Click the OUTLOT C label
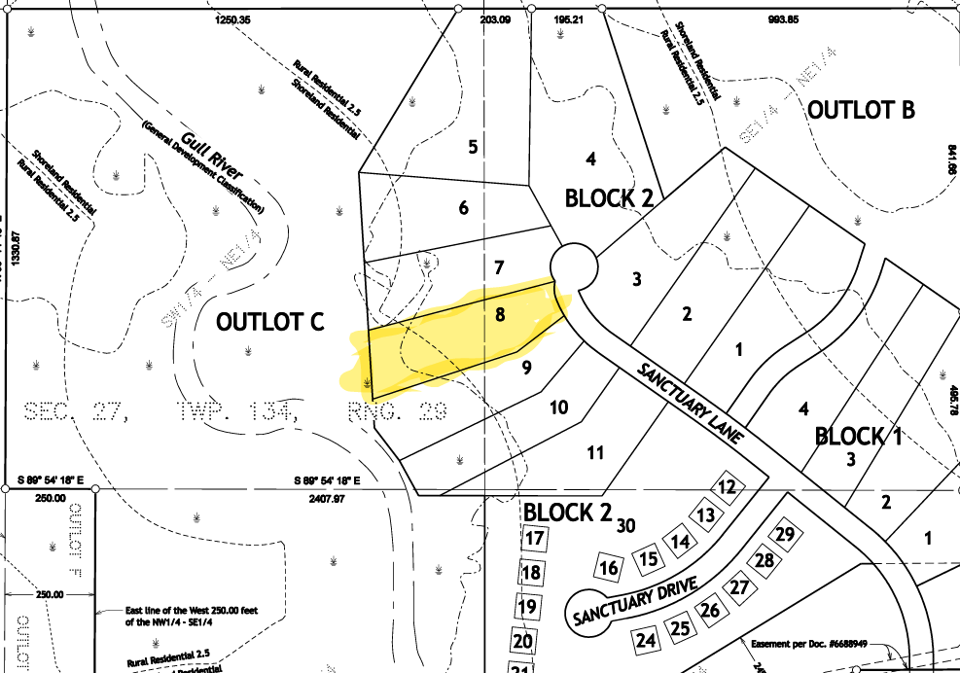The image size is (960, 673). coord(270,321)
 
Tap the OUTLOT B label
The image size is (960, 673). coord(862,109)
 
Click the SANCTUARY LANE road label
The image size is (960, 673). coord(691,405)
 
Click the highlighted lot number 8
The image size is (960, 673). coord(500,314)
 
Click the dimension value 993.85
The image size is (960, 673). coord(809,19)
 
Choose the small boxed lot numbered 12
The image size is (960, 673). coord(727,486)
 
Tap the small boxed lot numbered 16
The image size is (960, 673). coord(609,568)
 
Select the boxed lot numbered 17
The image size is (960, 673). coord(533,537)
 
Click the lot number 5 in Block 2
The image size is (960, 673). coord(473,148)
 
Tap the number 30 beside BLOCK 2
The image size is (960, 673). coord(625,525)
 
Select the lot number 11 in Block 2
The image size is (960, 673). coord(595,452)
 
